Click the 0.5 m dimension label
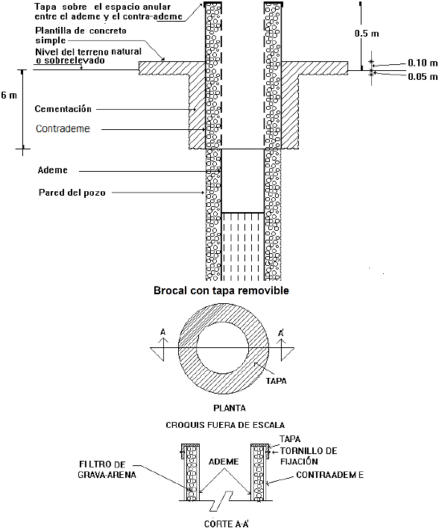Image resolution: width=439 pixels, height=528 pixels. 367,34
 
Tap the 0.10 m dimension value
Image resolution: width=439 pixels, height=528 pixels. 423,63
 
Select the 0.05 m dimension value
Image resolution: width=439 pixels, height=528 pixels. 423,77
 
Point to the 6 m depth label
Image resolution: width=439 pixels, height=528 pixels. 9,96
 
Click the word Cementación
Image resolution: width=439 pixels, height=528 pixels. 63,109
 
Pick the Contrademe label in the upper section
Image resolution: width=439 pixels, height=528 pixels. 63,128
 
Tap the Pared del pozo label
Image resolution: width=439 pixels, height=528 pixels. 72,193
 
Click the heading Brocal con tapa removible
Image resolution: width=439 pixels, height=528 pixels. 221,291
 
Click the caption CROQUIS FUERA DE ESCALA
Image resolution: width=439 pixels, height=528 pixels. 225,425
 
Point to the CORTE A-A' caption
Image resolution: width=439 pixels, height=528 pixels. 227,524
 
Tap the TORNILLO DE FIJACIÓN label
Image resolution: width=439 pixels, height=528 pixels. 309,456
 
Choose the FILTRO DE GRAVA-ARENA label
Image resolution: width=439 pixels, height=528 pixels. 107,470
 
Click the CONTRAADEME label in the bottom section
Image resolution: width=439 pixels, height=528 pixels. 329,475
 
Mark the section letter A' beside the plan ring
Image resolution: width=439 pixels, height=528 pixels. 281,333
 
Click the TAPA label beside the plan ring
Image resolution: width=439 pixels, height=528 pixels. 276,381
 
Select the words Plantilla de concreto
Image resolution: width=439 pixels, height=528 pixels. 80,31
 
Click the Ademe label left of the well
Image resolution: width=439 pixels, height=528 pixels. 52,170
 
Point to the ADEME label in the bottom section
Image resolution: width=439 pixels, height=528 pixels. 224,462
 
